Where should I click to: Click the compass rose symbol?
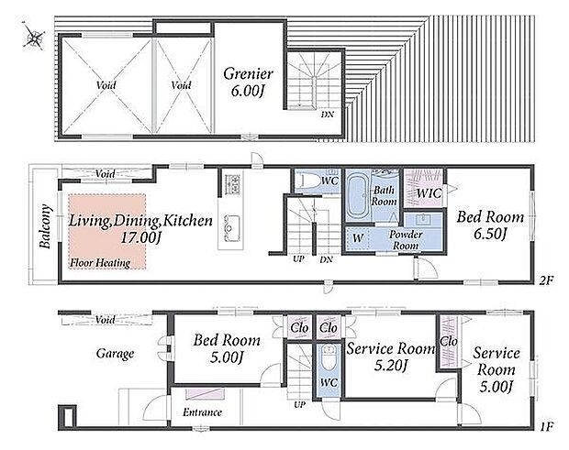[34, 36]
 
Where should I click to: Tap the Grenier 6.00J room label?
[248, 82]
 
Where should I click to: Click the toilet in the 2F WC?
[307, 180]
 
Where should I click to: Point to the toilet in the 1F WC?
[329, 357]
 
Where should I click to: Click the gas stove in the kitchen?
[232, 183]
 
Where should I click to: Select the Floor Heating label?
[100, 263]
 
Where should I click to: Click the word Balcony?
[45, 226]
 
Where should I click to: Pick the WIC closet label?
[430, 192]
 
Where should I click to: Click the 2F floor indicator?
[546, 280]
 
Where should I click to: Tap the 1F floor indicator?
[546, 427]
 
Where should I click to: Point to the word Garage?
[115, 354]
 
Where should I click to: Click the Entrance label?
[202, 412]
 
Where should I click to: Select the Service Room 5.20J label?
[391, 357]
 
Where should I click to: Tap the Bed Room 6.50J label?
[490, 225]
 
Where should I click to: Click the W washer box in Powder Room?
[357, 238]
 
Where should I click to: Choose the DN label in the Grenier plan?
[328, 115]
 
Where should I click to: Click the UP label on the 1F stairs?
[300, 405]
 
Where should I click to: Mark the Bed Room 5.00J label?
[227, 348]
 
